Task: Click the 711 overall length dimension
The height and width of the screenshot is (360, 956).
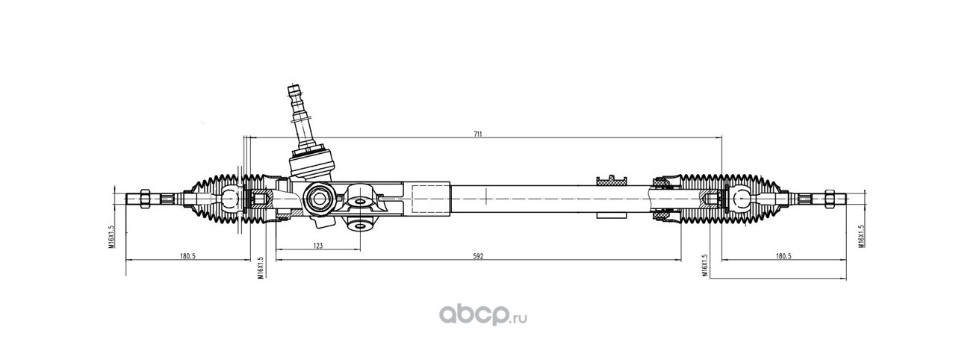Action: pyautogui.click(x=477, y=134)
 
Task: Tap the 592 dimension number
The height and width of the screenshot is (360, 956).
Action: pyautogui.click(x=478, y=256)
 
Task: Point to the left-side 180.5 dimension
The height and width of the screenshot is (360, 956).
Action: pyautogui.click(x=187, y=256)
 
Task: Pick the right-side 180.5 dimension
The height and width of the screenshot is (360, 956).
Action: pyautogui.click(x=783, y=256)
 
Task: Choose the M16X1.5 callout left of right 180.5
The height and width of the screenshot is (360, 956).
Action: pyautogui.click(x=704, y=266)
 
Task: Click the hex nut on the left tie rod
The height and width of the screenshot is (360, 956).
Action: pyautogui.click(x=145, y=199)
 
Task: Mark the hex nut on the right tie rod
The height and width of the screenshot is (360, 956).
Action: pyautogui.click(x=827, y=199)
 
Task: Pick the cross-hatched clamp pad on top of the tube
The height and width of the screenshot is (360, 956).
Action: pyautogui.click(x=610, y=179)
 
